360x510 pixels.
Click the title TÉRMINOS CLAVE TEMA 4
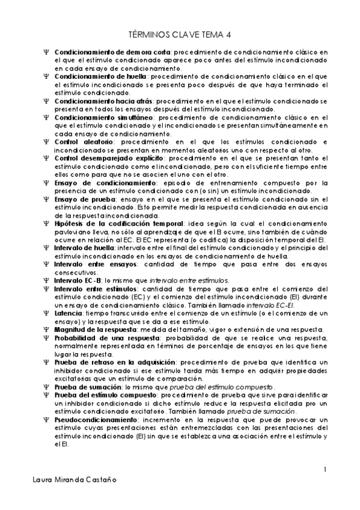pyautogui.click(x=180, y=37)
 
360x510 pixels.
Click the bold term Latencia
pyautogui.click(x=68, y=313)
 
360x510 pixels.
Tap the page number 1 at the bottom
pyautogui.click(x=325, y=469)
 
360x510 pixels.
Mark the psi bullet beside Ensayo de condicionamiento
pyautogui.click(x=46, y=183)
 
